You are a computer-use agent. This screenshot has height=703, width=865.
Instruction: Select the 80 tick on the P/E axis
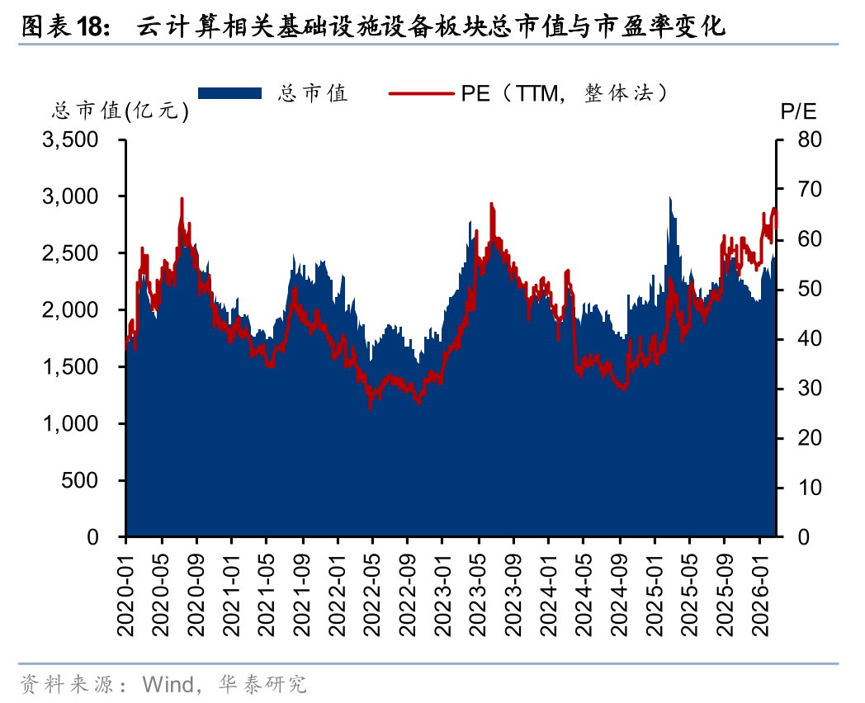810,140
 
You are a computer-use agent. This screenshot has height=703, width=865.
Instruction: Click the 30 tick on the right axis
810,389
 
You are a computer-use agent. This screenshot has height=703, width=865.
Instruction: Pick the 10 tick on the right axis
810,488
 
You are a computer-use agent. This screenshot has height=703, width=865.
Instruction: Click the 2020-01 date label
126,591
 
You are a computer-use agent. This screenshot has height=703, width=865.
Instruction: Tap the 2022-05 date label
373,591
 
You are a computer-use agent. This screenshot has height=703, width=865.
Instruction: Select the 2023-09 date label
514,591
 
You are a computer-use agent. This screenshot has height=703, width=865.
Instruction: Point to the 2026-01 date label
760,591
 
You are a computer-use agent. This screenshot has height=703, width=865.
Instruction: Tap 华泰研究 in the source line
262,684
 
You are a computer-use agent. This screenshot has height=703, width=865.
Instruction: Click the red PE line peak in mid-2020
182,200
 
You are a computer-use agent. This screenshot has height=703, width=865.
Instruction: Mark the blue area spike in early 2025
669,198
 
